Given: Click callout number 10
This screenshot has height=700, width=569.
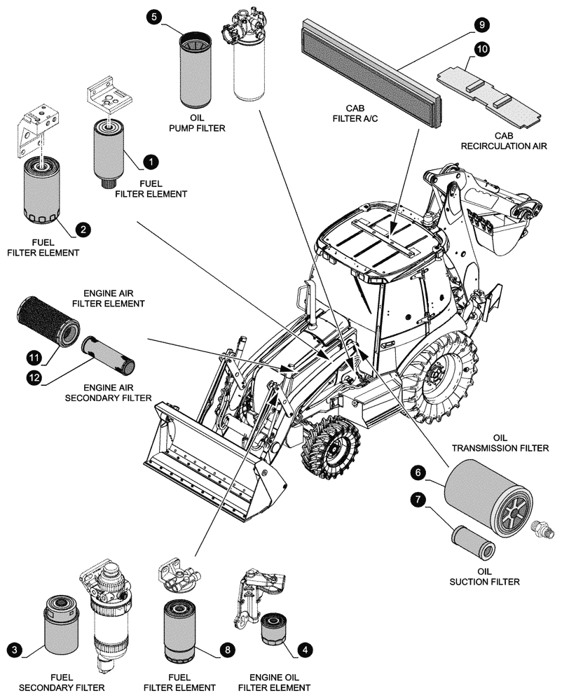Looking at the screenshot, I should point(482,49).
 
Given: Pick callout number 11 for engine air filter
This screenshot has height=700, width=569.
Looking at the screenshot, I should point(33,356).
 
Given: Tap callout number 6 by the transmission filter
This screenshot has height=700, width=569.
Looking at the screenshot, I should point(418,473).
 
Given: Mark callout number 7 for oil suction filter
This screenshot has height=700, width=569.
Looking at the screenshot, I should point(418,500).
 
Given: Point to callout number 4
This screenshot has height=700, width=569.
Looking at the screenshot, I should point(305,650).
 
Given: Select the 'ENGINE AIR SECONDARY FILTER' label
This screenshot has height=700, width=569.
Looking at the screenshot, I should point(117,392).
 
